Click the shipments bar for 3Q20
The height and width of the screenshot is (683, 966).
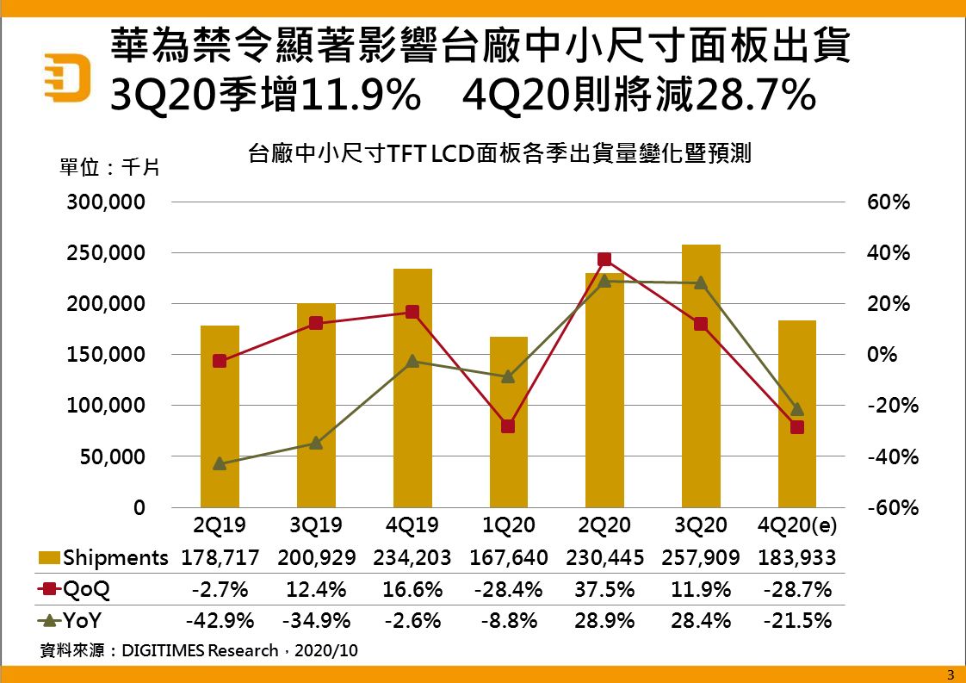click(701, 376)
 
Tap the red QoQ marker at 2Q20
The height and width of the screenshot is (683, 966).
click(604, 259)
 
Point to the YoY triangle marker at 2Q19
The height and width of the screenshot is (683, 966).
click(220, 463)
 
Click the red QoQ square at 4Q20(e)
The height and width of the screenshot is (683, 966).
click(797, 426)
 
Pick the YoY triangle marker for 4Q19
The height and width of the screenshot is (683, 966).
click(412, 361)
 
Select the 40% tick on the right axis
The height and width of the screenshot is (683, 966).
click(888, 253)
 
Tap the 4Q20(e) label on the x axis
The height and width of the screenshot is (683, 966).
click(797, 525)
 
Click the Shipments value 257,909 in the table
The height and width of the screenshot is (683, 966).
click(701, 557)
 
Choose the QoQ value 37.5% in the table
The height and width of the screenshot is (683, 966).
click(604, 589)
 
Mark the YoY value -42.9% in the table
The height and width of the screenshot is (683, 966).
click(220, 620)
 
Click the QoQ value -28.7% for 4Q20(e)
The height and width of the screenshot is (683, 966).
click(797, 589)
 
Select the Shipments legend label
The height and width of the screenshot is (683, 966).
click(115, 557)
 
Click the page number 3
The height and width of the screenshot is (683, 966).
click(951, 674)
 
